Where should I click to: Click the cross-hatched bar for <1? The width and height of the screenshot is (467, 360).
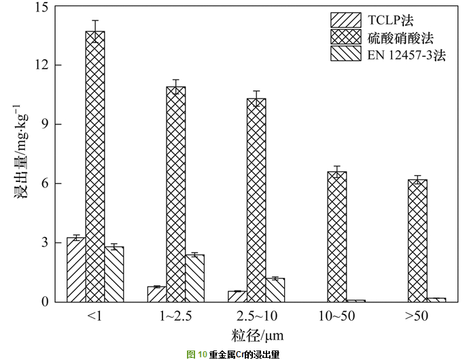click(95, 166)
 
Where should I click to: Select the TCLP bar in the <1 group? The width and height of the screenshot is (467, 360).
click(76, 269)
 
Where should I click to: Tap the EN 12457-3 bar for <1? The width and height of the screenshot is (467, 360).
click(114, 274)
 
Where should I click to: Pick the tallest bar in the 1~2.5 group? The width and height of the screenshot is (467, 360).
click(176, 194)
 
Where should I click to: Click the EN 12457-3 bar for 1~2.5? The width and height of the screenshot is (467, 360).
click(195, 278)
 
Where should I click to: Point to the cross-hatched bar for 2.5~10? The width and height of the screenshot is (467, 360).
click(256, 200)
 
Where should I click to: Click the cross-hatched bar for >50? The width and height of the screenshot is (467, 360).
click(417, 240)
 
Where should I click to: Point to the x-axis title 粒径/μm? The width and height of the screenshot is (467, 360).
click(257, 335)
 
